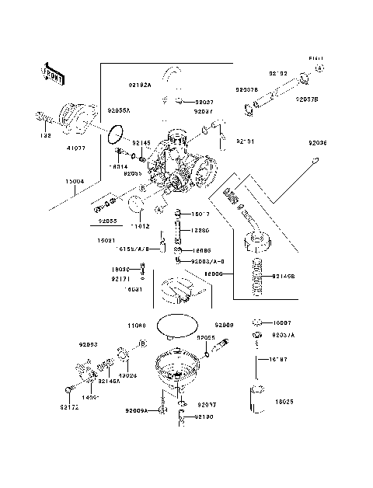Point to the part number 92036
[x=318, y=144]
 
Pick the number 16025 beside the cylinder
[x=285, y=403]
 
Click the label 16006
[x=215, y=274]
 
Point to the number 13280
[x=203, y=230]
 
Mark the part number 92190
[x=204, y=417]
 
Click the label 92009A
[x=138, y=410]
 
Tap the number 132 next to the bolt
[x=46, y=136]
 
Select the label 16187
[x=279, y=360]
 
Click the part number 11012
[x=139, y=225]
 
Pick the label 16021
[x=107, y=241]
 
